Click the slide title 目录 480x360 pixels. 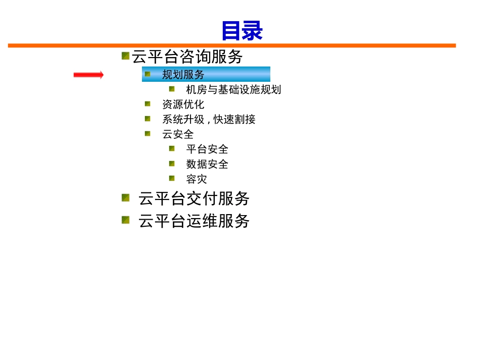tap(242, 31)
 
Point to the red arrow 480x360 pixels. tap(88, 75)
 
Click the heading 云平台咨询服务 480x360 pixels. tap(187, 57)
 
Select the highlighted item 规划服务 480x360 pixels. tap(183, 75)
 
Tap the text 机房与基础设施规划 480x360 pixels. tap(233, 90)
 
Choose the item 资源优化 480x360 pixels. tap(183, 105)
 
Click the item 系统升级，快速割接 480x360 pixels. tap(209, 119)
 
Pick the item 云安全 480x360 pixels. tap(178, 134)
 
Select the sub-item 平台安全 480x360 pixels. tap(207, 149)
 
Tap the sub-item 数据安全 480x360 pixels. tap(207, 164)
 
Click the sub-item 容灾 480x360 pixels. tap(197, 179)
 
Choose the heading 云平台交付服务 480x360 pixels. tap(194, 198)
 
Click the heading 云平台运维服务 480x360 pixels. tap(194, 221)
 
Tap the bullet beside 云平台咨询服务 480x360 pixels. tap(125, 56)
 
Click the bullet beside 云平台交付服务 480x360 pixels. tap(125, 197)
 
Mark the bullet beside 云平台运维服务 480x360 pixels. tap(125, 220)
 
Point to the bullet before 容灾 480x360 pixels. tap(172, 178)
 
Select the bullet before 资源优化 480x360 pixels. tap(148, 104)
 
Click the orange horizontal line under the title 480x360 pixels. tap(231, 45)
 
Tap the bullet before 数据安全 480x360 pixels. tap(172, 163)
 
